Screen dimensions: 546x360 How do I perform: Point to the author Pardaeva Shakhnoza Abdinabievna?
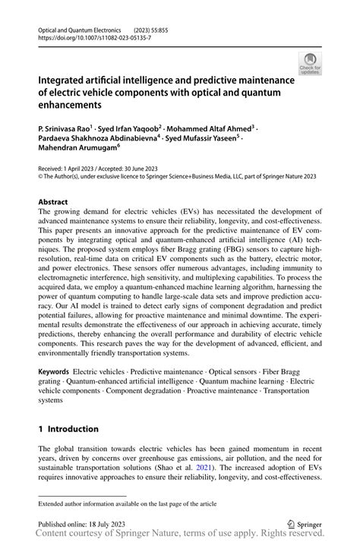point(98,139)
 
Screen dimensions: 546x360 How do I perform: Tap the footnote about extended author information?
point(128,503)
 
